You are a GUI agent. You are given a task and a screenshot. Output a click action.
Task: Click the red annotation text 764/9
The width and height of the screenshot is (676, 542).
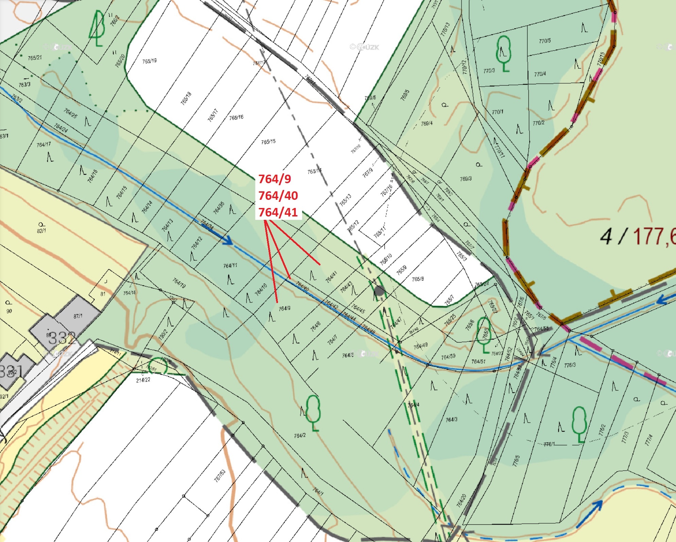(x=275, y=179)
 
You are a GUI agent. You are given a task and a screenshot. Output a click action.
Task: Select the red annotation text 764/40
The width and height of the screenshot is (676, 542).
(x=278, y=195)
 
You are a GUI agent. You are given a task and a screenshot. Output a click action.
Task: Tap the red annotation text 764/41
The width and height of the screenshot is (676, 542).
(x=278, y=212)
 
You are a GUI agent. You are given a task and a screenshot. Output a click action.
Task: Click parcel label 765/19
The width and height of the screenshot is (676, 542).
(x=149, y=61)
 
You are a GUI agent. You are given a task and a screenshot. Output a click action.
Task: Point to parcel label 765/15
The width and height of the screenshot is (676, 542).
(x=268, y=142)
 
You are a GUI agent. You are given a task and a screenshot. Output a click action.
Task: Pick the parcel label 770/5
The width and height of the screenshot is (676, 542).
(x=544, y=41)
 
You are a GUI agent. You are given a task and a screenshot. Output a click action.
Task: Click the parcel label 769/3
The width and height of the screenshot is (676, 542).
(x=466, y=179)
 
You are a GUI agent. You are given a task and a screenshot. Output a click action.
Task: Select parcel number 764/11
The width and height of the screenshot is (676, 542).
(x=230, y=265)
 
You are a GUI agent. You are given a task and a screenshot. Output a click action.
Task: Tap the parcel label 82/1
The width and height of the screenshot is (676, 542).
(x=41, y=231)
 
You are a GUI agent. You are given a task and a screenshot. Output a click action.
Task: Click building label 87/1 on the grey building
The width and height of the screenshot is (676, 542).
(x=78, y=316)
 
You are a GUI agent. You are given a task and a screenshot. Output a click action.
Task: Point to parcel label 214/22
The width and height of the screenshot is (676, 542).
(x=143, y=380)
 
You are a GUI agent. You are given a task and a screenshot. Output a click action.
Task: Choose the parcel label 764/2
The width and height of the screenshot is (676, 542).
(x=299, y=435)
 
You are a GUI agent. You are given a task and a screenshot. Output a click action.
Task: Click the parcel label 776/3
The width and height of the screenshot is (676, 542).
(x=570, y=365)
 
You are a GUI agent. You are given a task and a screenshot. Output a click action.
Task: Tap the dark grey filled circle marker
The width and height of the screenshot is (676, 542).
(x=379, y=291)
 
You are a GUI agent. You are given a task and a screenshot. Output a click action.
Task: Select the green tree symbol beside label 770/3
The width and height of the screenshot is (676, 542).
(x=503, y=53)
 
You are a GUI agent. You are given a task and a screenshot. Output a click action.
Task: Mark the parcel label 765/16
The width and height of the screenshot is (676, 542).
(x=236, y=118)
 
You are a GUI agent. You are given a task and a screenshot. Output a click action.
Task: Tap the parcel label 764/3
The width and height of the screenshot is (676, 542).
(x=451, y=420)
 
